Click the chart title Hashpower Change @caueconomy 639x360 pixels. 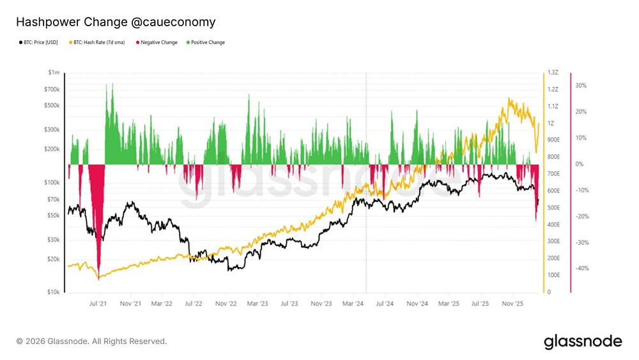pyautogui.click(x=116, y=22)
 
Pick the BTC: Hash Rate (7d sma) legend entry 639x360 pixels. pyautogui.click(x=97, y=43)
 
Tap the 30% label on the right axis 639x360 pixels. pyautogui.click(x=581, y=86)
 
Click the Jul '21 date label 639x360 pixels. pyautogui.click(x=98, y=304)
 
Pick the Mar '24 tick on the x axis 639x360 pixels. pyautogui.click(x=353, y=304)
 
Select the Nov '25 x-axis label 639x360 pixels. pyautogui.click(x=513, y=304)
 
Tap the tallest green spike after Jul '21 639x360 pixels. pyautogui.click(x=112, y=84)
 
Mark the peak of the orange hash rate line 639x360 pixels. pyautogui.click(x=509, y=98)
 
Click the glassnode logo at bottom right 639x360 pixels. pyautogui.click(x=582, y=341)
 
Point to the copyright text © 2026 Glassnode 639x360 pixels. pyautogui.click(x=91, y=341)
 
